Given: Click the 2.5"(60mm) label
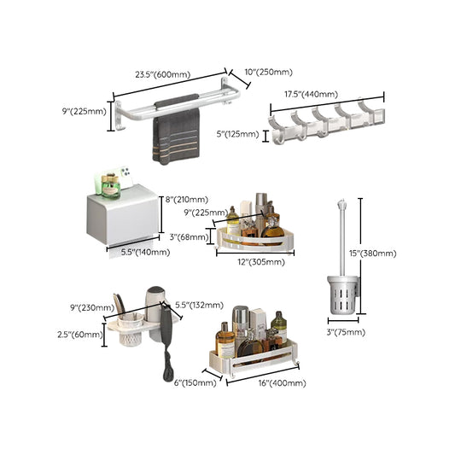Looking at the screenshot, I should [x=84, y=334].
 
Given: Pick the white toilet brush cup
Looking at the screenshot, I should [x=341, y=295].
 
